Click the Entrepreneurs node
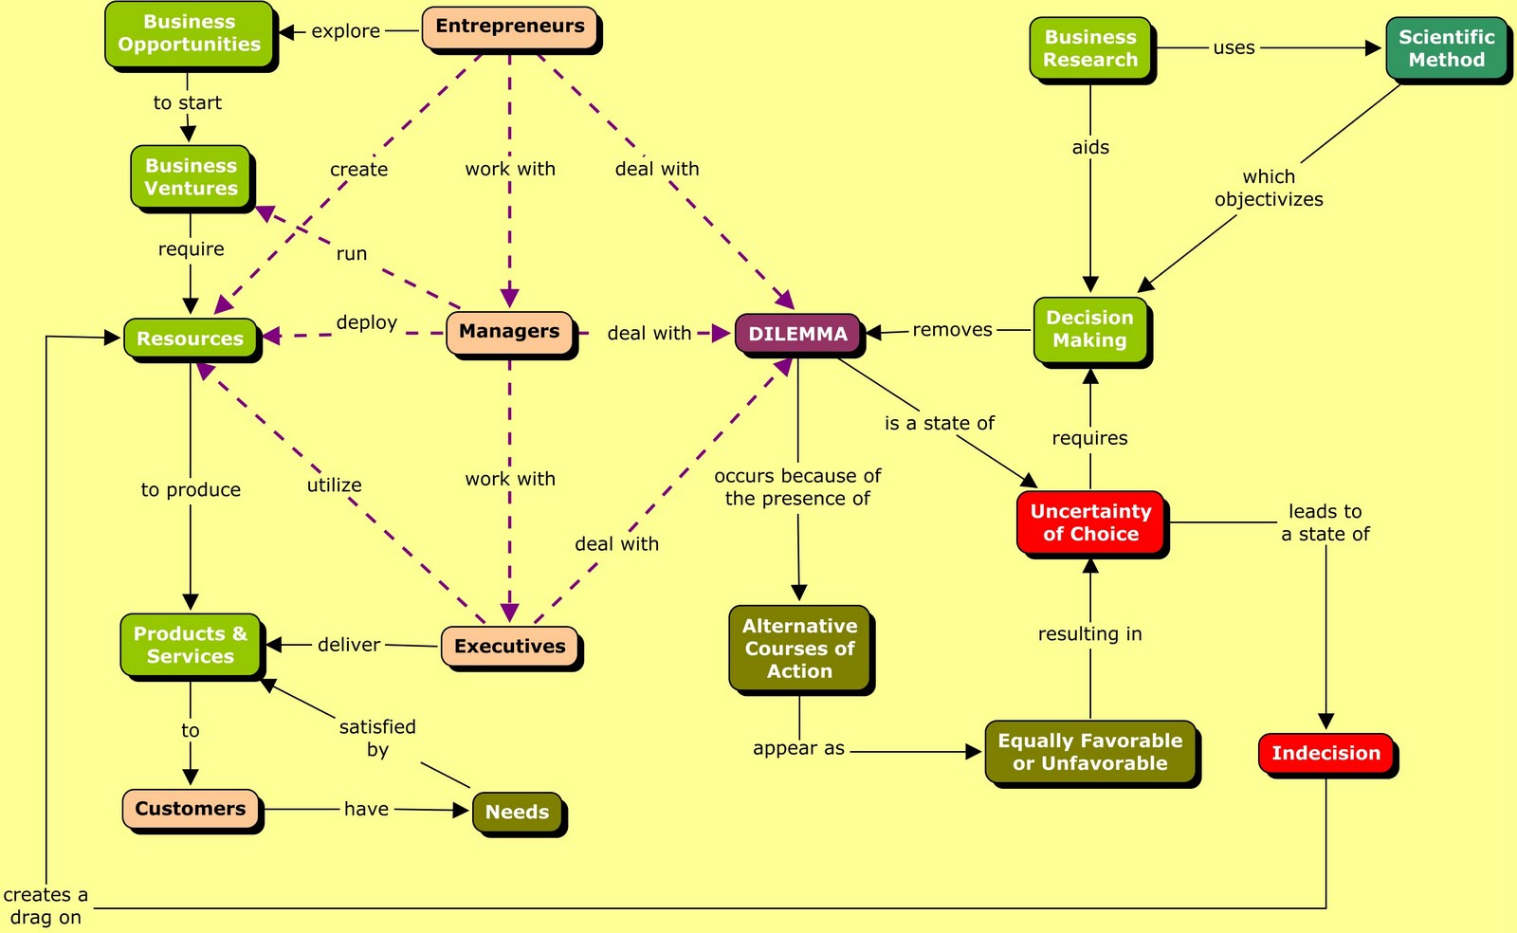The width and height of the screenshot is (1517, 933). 510,27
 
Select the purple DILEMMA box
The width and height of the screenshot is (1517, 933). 797,334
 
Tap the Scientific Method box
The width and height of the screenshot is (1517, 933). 1446,48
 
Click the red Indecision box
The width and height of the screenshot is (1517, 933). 1325,753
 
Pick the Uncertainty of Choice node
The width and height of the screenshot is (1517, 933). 1090,522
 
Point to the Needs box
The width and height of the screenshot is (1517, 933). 517,812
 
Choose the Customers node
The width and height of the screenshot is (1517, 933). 191,809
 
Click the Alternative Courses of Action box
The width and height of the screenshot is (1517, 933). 799,649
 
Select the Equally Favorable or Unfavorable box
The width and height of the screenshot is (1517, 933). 1090,752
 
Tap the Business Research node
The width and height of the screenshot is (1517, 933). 1090,48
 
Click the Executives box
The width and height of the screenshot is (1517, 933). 509,646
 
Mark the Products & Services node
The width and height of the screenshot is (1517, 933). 191,645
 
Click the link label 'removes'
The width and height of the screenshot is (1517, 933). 952,330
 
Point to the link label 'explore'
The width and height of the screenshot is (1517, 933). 345,31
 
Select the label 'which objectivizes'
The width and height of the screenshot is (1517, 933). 1269,188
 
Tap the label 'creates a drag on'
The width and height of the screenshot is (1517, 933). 46,906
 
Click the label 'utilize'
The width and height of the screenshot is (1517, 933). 334,485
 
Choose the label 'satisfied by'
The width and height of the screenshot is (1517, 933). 377,738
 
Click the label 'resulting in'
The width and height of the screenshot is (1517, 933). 1089,633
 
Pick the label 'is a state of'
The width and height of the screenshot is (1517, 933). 939,423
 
